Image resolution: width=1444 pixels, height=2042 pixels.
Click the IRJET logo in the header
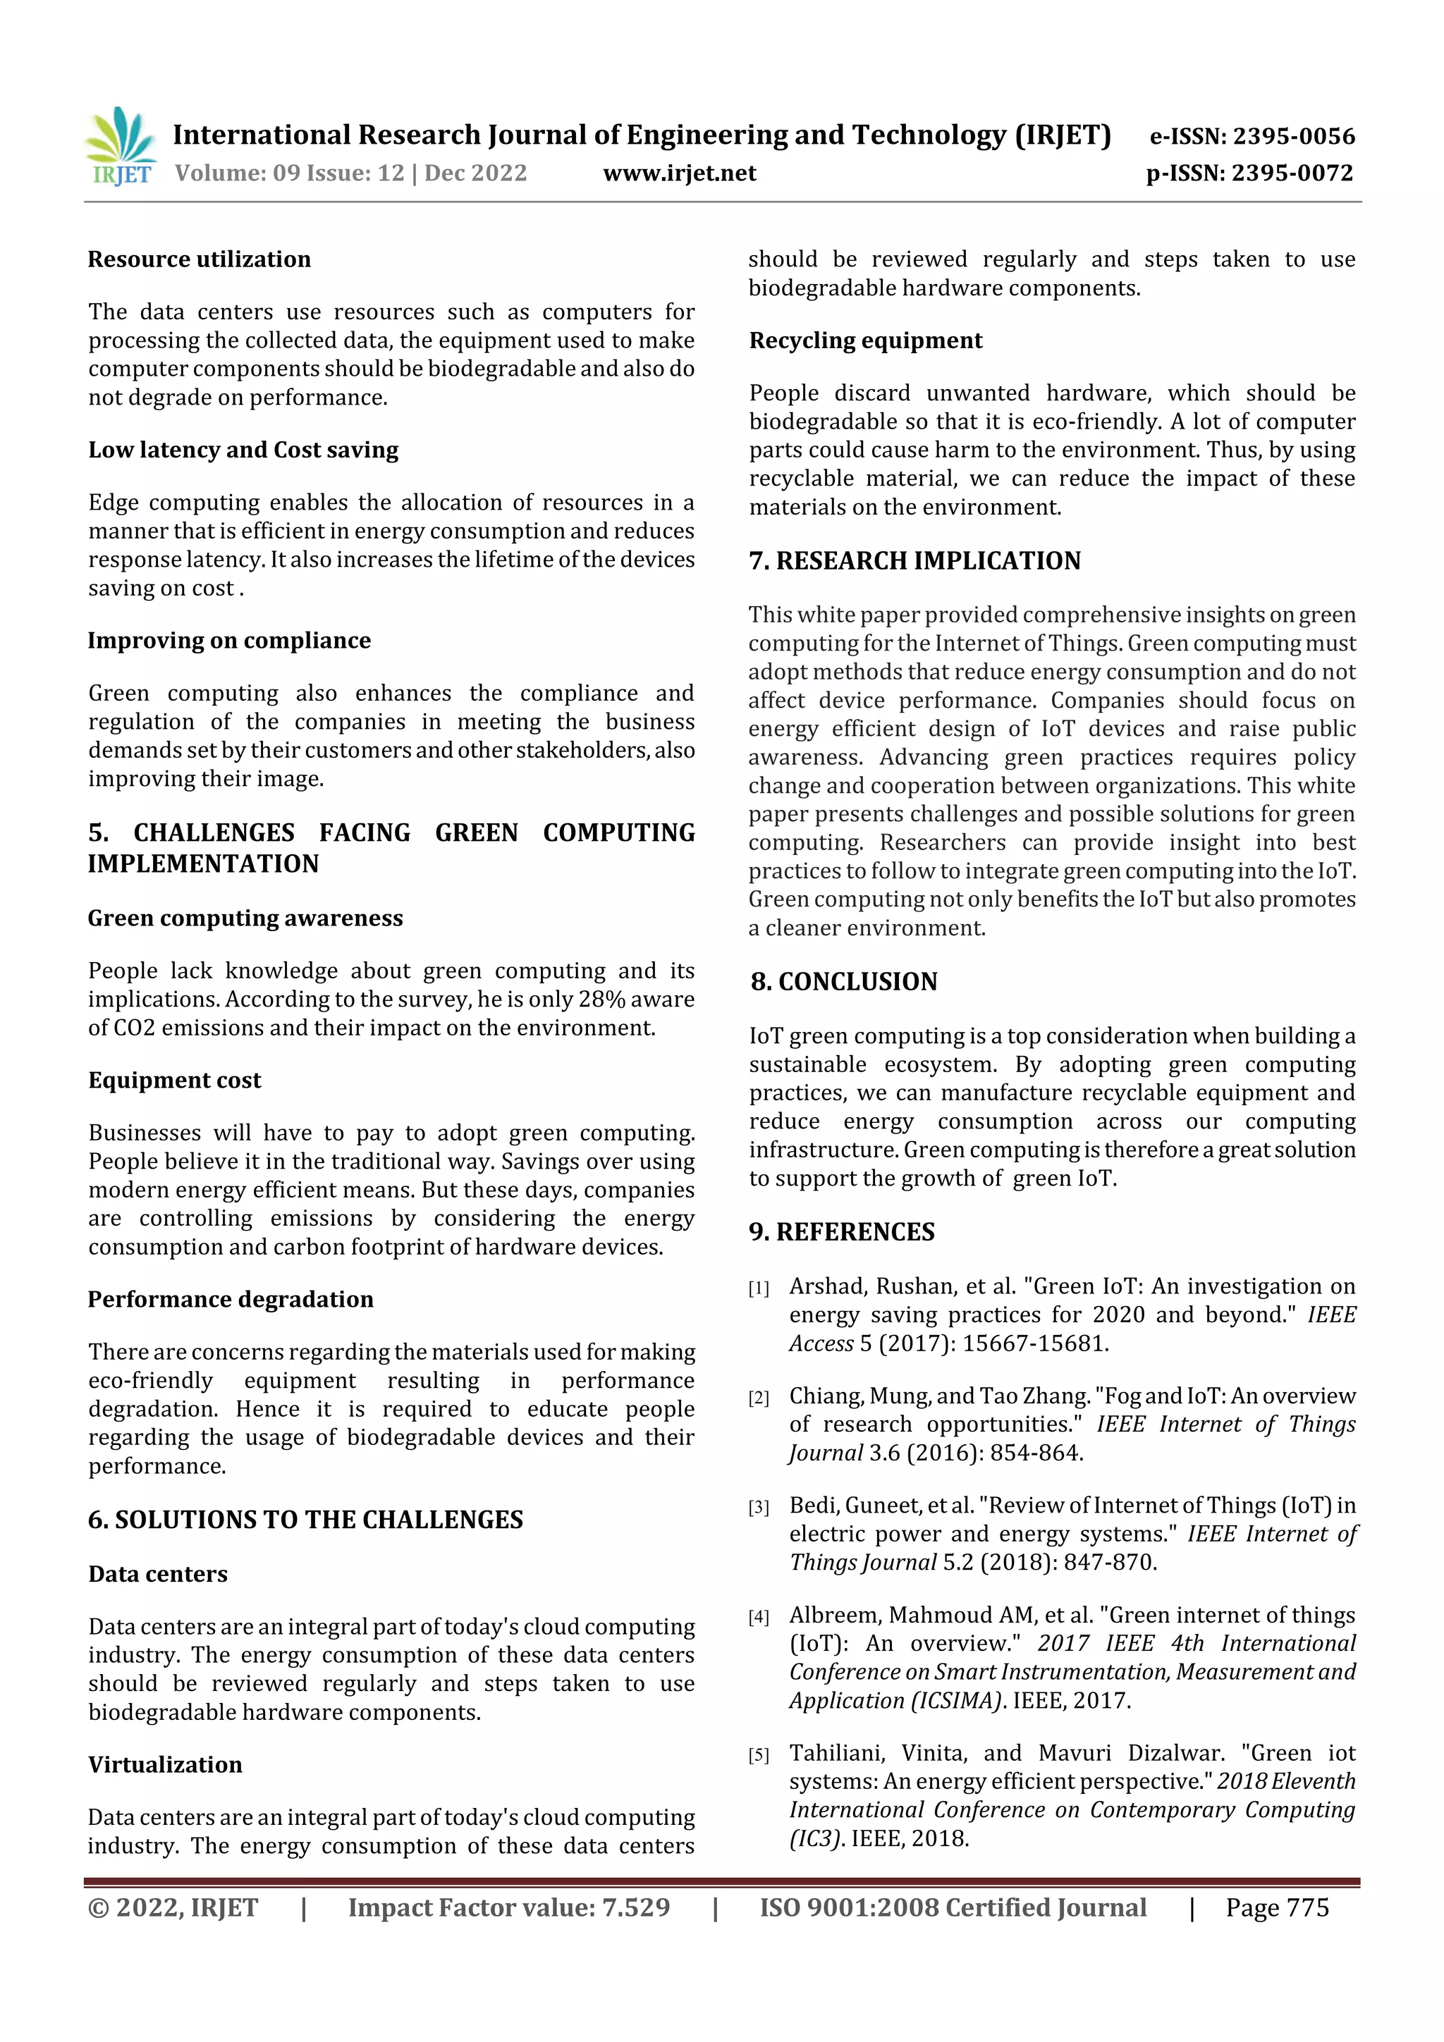click(x=121, y=147)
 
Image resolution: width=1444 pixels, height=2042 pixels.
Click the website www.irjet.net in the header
click(x=679, y=173)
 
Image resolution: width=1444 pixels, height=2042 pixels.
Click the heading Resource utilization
click(x=200, y=259)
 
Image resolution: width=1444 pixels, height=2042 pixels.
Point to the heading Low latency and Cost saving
click(x=243, y=450)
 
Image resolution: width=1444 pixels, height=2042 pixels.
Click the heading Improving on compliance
click(x=228, y=640)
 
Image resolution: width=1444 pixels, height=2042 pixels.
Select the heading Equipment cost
click(x=174, y=1080)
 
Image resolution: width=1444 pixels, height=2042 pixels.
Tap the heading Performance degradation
click(x=231, y=1299)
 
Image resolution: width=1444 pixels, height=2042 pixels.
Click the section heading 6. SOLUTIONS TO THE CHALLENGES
click(x=305, y=1520)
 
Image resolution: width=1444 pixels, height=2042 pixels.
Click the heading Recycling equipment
click(x=866, y=340)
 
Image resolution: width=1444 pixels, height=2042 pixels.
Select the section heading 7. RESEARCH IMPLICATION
click(x=914, y=561)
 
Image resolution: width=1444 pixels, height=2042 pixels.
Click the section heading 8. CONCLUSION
click(x=843, y=982)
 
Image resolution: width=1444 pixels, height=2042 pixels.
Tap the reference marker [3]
click(x=758, y=1508)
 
